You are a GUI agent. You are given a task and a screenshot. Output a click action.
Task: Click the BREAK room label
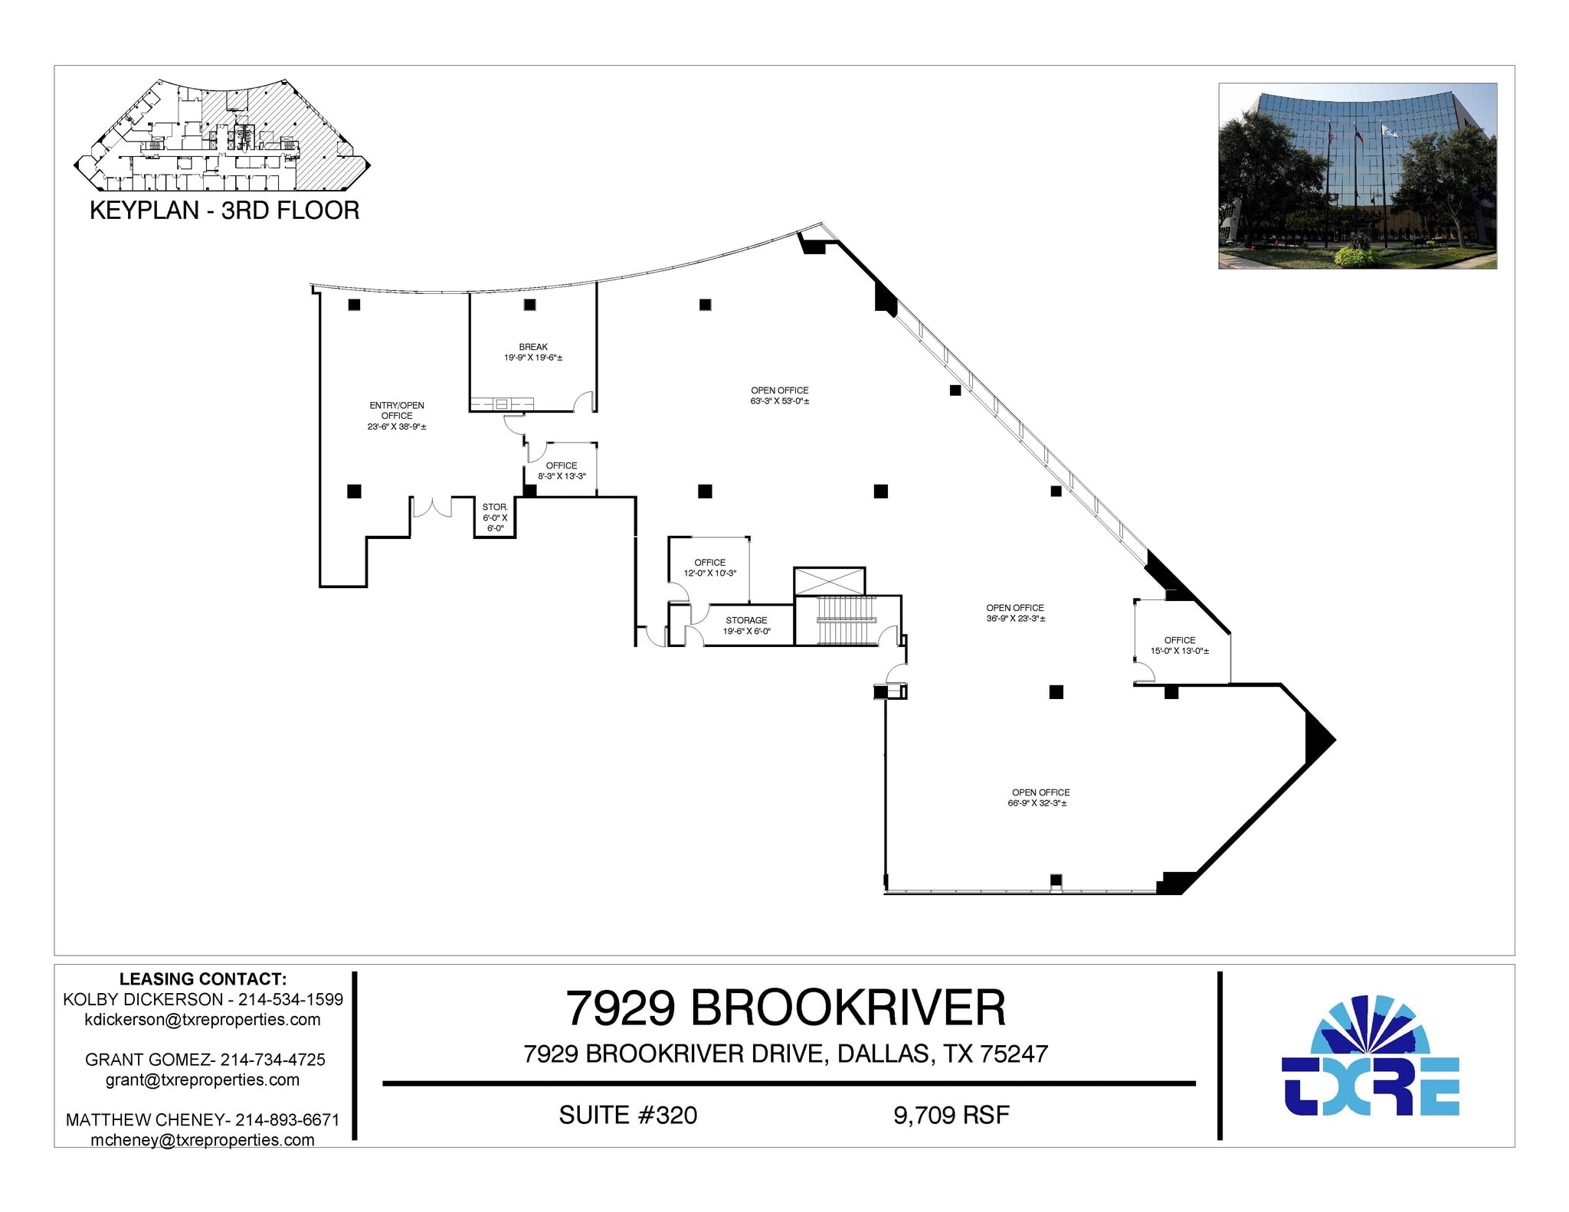pyautogui.click(x=533, y=347)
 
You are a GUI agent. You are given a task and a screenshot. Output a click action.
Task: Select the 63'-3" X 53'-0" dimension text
pyautogui.click(x=779, y=401)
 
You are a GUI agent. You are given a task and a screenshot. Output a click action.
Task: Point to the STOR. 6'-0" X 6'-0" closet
pyautogui.click(x=495, y=518)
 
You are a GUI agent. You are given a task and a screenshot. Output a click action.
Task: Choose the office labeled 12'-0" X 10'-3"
pyautogui.click(x=709, y=567)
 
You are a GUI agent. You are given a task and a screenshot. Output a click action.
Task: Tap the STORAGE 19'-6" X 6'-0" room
pyautogui.click(x=746, y=626)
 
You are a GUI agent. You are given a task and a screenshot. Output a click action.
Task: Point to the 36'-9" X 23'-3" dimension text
pyautogui.click(x=1015, y=619)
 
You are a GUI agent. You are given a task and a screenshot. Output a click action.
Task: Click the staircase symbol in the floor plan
pyautogui.click(x=847, y=609)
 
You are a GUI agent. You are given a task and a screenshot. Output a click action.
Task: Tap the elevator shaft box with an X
pyautogui.click(x=829, y=581)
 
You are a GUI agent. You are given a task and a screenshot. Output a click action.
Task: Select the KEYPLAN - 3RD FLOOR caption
pyautogui.click(x=224, y=211)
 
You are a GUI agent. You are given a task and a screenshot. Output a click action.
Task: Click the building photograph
pyautogui.click(x=1357, y=176)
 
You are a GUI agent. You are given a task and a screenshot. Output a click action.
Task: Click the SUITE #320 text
pyautogui.click(x=627, y=1115)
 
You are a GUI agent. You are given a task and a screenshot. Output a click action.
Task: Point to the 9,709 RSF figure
pyautogui.click(x=951, y=1115)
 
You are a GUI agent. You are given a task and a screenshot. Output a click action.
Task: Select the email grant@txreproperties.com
pyautogui.click(x=202, y=1080)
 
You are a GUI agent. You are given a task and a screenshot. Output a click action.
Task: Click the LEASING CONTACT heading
pyautogui.click(x=203, y=978)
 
